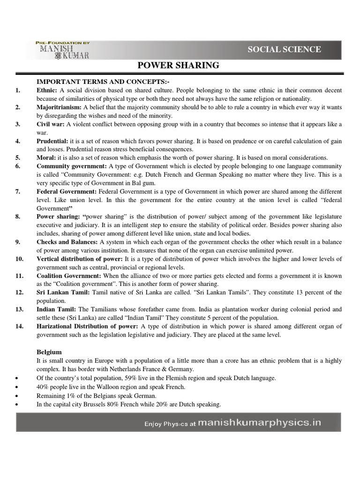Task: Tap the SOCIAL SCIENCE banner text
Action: [285, 49]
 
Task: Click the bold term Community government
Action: [72, 166]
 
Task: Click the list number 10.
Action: [19, 259]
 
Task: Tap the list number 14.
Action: [19, 326]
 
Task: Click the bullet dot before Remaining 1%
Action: [17, 395]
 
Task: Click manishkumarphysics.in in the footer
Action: [260, 422]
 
